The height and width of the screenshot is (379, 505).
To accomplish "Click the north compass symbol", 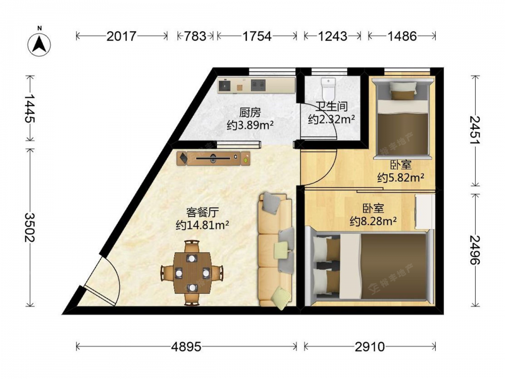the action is tap(39, 44).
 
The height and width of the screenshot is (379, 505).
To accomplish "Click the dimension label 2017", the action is tap(121, 36).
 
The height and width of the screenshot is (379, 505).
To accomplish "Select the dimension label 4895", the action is tap(186, 347).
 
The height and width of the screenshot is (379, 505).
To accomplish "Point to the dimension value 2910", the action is tap(370, 347).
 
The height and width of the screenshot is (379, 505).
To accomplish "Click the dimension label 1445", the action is tap(30, 109).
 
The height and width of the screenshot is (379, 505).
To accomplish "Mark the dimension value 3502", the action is tap(30, 227).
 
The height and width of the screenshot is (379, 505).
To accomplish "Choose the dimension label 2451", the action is tap(475, 130).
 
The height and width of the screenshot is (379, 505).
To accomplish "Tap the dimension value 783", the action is tap(195, 36).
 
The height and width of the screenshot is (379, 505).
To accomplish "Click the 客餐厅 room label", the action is tap(203, 212).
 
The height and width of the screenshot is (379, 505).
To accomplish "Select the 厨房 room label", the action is tap(250, 113).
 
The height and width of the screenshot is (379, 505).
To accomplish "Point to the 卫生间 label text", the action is tap(331, 106).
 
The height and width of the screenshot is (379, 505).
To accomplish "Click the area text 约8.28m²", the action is tap(373, 221).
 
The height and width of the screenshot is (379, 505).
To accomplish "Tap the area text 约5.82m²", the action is tap(400, 177).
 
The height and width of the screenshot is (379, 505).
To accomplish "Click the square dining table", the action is tap(192, 273).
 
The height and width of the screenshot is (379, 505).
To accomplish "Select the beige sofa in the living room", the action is tap(276, 250).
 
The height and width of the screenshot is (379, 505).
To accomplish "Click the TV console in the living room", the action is tap(214, 158).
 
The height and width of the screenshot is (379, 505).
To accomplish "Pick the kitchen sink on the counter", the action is tap(225, 85).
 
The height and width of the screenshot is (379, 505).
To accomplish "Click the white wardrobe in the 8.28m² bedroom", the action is tap(425, 211).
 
